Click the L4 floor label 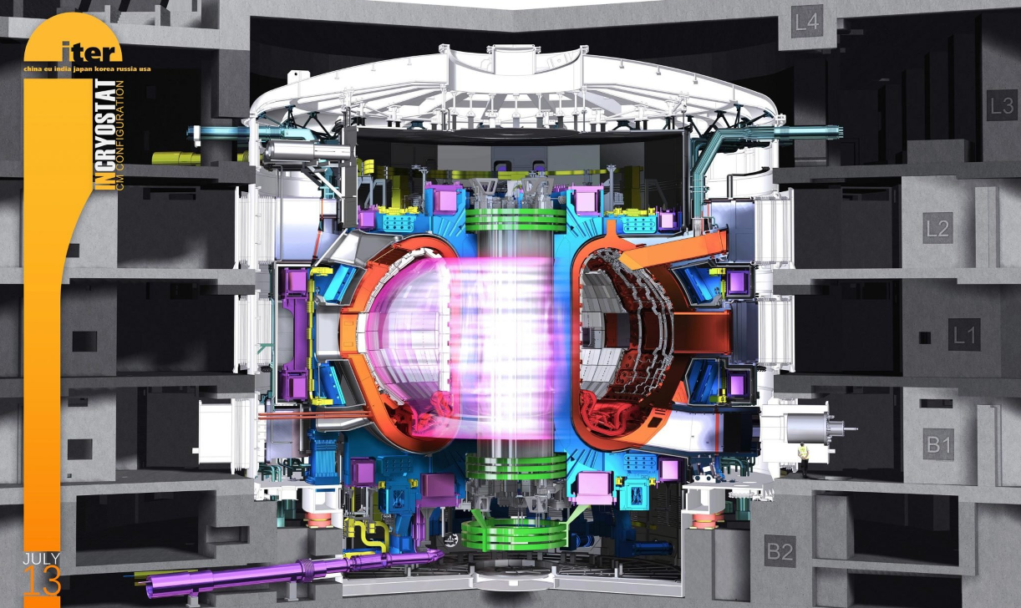(807, 22)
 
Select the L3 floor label (1002, 106)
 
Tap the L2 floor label (938, 228)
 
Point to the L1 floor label (964, 335)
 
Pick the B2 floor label (780, 551)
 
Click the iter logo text (89, 52)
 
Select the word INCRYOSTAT (104, 135)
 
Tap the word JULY (41, 559)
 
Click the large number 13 (42, 580)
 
